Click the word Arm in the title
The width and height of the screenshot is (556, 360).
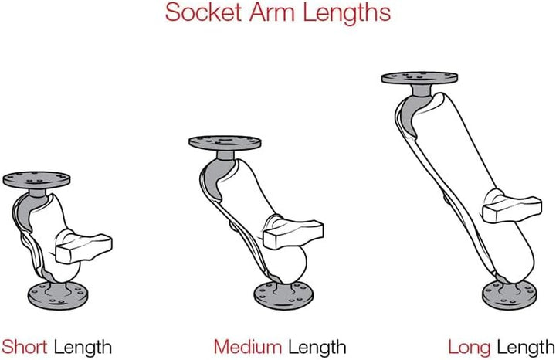click(x=271, y=12)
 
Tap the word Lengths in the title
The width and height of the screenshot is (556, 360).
click(x=347, y=13)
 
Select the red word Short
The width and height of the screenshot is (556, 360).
click(x=25, y=347)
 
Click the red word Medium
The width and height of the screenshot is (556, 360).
click(x=248, y=347)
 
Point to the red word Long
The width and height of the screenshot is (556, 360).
click(x=470, y=348)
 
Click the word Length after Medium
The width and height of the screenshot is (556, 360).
click(x=317, y=348)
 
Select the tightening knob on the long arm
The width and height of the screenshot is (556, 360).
click(x=512, y=209)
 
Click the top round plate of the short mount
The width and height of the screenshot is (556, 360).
click(x=36, y=180)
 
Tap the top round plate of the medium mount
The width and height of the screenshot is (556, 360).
click(x=225, y=143)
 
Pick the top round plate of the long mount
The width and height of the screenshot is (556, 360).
click(x=419, y=78)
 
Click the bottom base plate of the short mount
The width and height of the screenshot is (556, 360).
click(x=58, y=296)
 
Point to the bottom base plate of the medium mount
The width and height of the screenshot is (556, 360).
click(x=283, y=296)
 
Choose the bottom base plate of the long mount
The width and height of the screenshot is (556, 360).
click(x=510, y=295)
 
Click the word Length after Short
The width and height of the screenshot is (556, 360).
click(x=83, y=348)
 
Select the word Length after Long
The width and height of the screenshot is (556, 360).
click(x=526, y=348)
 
